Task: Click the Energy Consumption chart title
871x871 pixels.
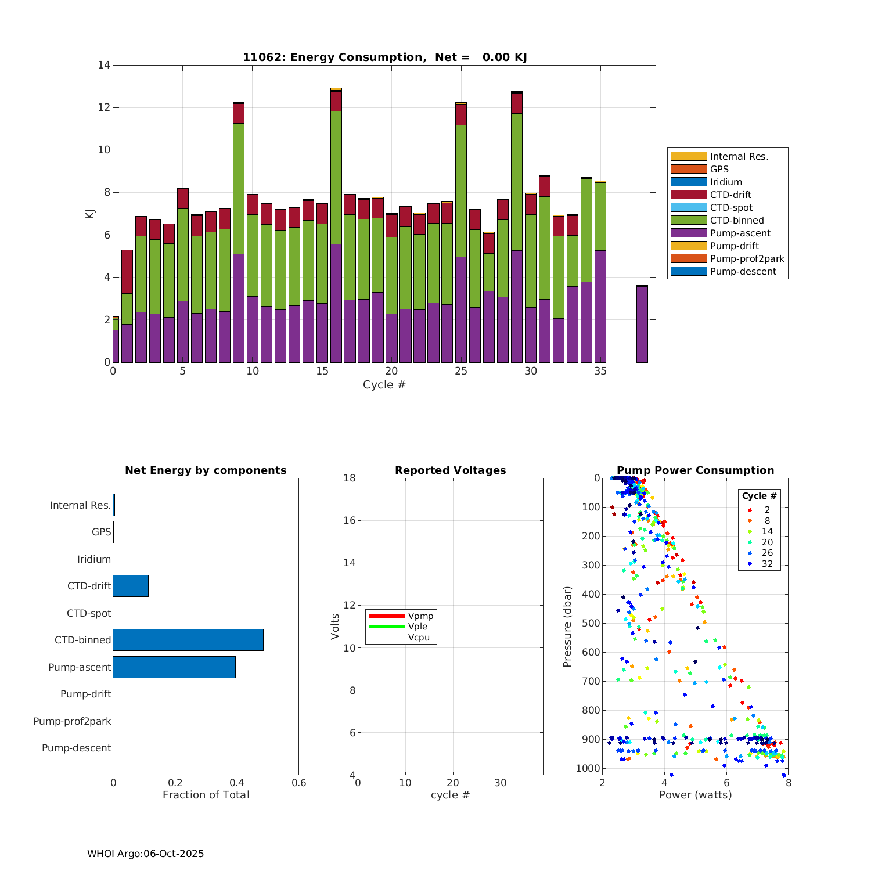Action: [384, 57]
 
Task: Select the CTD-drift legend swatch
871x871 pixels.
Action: [688, 195]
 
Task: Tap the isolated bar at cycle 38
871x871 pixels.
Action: [642, 324]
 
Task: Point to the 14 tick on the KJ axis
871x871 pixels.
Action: [104, 65]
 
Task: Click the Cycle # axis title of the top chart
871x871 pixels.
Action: [384, 385]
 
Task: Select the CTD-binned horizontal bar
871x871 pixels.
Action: [188, 639]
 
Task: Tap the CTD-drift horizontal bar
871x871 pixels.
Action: [131, 585]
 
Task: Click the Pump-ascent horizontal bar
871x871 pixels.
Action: [174, 667]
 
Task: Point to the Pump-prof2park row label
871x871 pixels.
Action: [72, 721]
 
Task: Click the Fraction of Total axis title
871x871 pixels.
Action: [206, 795]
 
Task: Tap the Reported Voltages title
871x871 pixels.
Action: [450, 470]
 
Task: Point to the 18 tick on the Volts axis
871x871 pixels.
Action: [349, 478]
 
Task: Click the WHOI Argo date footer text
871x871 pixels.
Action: [145, 854]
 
